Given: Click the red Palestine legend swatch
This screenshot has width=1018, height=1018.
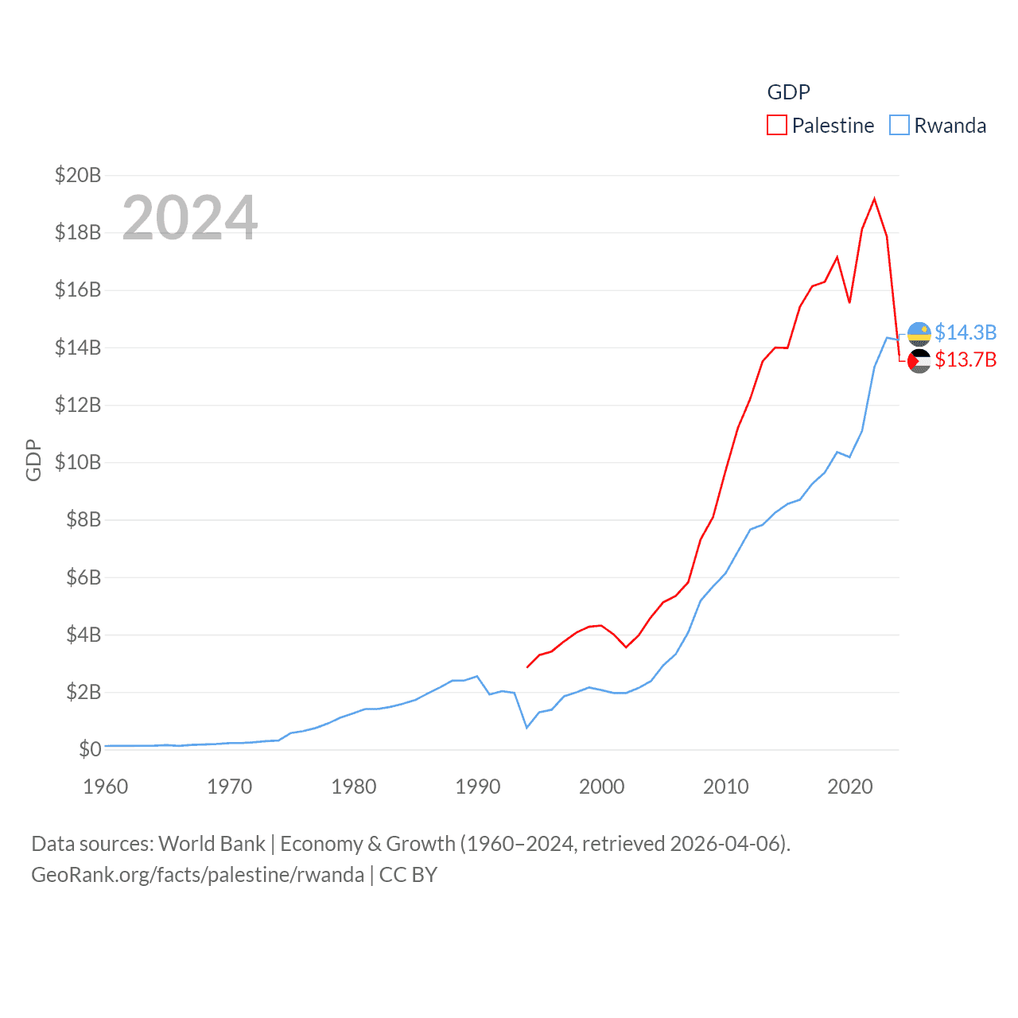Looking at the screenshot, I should click(x=776, y=126).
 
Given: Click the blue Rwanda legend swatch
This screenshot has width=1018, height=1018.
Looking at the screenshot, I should click(x=899, y=126).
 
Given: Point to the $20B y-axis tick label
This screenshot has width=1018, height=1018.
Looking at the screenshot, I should click(x=78, y=175).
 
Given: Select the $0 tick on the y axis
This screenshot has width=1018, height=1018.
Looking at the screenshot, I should click(x=90, y=749).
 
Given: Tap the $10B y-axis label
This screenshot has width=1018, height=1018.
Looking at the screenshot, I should click(x=78, y=462).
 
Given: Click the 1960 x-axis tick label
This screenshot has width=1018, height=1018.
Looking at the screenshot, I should click(x=106, y=787).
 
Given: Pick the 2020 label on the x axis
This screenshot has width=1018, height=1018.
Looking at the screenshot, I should click(x=850, y=787).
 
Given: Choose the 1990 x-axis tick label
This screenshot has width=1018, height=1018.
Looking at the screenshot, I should click(x=478, y=787).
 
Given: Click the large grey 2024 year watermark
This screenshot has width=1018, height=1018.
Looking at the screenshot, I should click(x=190, y=217).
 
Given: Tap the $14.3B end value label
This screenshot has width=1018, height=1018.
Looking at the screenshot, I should click(x=966, y=332).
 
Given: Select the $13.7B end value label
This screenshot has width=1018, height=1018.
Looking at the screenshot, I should click(x=966, y=360).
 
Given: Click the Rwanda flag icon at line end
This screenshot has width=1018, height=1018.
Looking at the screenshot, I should click(x=919, y=334).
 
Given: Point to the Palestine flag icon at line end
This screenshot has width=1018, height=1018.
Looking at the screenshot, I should click(x=919, y=361).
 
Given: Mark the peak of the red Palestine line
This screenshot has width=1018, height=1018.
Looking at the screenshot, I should click(x=874, y=199).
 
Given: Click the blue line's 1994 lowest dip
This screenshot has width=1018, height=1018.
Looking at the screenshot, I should click(x=526, y=728).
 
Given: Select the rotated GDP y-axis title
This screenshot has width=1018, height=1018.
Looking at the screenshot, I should click(x=33, y=460).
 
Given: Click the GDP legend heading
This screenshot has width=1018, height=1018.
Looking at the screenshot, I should click(x=788, y=92).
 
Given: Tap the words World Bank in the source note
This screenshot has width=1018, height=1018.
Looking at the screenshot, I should click(x=212, y=844).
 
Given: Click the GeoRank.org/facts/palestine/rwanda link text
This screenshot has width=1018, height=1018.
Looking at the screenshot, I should click(x=197, y=875).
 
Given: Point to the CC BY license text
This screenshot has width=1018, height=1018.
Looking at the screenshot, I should click(x=408, y=875).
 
